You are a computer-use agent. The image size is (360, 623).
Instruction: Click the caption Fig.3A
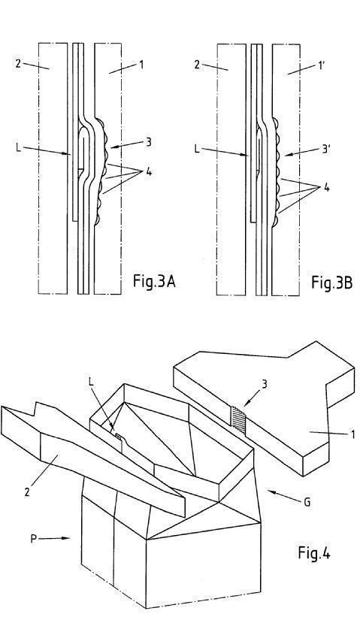(x=154, y=283)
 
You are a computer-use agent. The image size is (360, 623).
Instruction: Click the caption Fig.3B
(x=331, y=283)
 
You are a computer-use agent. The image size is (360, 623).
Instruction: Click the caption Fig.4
(x=314, y=552)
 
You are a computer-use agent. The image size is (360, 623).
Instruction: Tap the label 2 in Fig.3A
(x=18, y=64)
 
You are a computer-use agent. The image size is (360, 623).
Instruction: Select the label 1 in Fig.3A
(x=141, y=64)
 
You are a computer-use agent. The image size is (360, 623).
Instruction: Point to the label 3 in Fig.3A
(x=149, y=142)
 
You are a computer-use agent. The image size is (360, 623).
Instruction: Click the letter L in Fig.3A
(x=18, y=147)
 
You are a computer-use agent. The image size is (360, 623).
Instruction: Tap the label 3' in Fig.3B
(x=326, y=150)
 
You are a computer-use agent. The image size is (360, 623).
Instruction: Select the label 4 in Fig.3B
(x=326, y=187)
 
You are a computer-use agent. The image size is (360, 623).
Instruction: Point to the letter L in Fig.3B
(x=198, y=149)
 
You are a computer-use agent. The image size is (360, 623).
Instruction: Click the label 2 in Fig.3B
(x=197, y=65)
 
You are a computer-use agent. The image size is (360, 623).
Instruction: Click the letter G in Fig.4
(x=307, y=502)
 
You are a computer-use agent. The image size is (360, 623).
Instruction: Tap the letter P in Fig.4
(x=34, y=539)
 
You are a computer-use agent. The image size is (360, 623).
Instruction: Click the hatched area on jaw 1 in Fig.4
(x=238, y=419)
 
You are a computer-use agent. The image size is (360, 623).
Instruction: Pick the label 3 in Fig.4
(x=265, y=385)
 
